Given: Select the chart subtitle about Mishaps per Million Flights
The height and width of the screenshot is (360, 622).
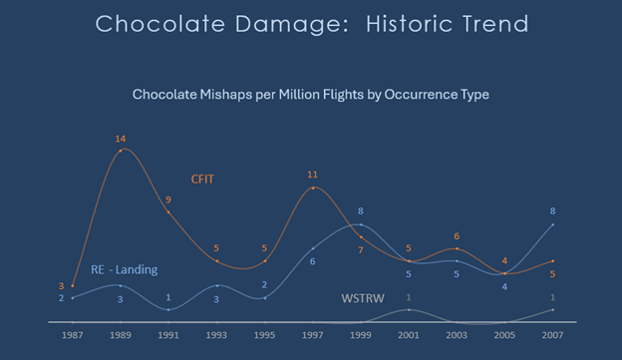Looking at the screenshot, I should [310, 94].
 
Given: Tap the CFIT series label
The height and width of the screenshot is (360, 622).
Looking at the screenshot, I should [202, 180].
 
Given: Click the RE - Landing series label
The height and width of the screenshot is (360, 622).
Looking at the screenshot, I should [124, 269].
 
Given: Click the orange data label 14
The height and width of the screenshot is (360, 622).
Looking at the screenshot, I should [121, 138].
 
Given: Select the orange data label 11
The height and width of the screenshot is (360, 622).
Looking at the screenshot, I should [312, 175].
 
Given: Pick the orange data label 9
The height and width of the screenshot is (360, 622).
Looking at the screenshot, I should [168, 199].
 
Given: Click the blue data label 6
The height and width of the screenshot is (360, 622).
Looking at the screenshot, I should [312, 261].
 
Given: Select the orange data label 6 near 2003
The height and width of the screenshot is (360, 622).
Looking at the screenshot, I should [457, 236].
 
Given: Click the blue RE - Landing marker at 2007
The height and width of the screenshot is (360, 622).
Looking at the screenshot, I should [552, 224].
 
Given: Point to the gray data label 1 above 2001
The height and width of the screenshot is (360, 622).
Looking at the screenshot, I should [409, 297].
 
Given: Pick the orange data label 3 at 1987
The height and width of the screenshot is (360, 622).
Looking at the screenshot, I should [61, 285].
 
